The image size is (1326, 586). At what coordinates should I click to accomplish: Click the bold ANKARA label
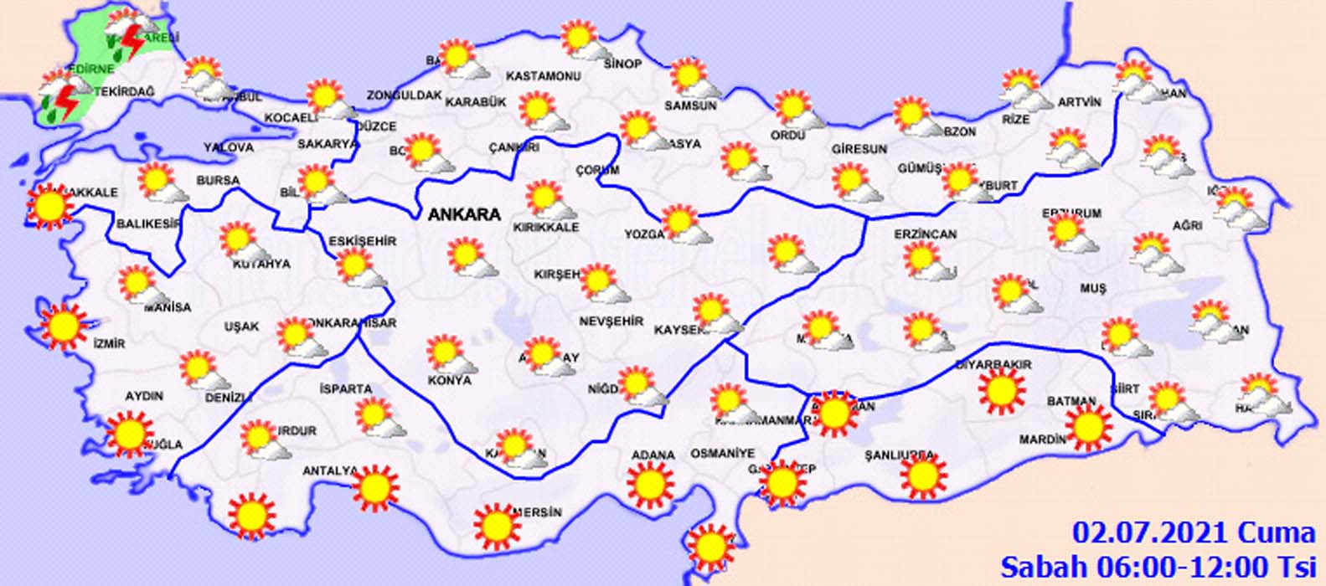coord(464,214)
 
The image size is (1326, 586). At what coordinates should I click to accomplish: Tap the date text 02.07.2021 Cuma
coord(1194,532)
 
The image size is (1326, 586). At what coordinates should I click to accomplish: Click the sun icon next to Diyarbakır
coord(1001,391)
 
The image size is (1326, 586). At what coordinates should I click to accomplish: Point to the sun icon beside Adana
coord(651,486)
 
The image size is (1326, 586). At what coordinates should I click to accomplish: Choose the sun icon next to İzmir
coord(63,326)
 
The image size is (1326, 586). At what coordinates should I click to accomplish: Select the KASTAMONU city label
coord(543,76)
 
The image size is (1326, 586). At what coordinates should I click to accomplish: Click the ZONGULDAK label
coord(404,95)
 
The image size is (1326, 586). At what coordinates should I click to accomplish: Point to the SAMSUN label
coord(690,106)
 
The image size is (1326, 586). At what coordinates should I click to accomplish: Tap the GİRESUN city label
coord(859,149)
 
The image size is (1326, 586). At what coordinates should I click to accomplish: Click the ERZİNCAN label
coord(925,234)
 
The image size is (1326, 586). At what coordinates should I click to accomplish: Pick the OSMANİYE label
coord(722,453)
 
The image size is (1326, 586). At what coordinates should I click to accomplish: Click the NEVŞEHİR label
coord(611,321)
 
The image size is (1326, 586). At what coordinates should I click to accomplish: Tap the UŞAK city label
coord(241,326)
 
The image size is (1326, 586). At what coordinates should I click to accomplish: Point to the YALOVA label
coord(228,147)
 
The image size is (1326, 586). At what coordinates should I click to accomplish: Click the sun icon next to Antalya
coord(375,487)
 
